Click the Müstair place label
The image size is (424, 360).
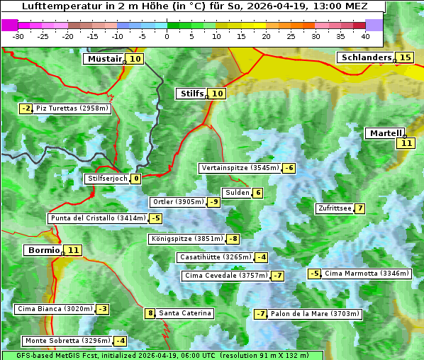tap(104, 59)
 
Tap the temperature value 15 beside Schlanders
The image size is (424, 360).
tap(405, 57)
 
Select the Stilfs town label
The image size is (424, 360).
tap(191, 94)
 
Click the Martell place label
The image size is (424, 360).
tap(385, 133)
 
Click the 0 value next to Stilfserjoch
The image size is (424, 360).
tap(135, 179)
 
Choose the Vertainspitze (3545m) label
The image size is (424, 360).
tap(240, 168)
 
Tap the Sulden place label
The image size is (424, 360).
tap(236, 193)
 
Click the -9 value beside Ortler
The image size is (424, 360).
tap(213, 202)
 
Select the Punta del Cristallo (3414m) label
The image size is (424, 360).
tap(97, 218)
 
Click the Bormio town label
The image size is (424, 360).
tap(43, 250)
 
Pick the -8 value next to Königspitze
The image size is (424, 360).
tap(233, 239)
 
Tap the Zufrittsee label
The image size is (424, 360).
tap(334, 208)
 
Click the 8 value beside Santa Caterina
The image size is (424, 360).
tap(150, 313)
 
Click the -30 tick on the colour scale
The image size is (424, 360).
tap(18, 36)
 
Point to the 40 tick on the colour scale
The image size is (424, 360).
tap(365, 36)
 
